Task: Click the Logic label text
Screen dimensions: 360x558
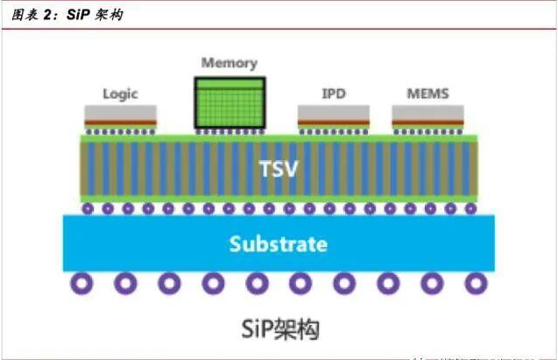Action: (121, 94)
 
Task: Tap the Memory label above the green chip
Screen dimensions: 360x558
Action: (229, 63)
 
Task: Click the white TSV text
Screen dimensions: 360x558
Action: (279, 166)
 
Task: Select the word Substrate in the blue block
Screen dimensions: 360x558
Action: (278, 244)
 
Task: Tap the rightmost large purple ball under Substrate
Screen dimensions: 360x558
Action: (475, 284)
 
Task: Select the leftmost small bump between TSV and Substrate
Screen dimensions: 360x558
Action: (88, 208)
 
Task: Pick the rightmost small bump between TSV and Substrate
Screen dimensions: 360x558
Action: (470, 208)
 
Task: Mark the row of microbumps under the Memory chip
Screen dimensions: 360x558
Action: (229, 131)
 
